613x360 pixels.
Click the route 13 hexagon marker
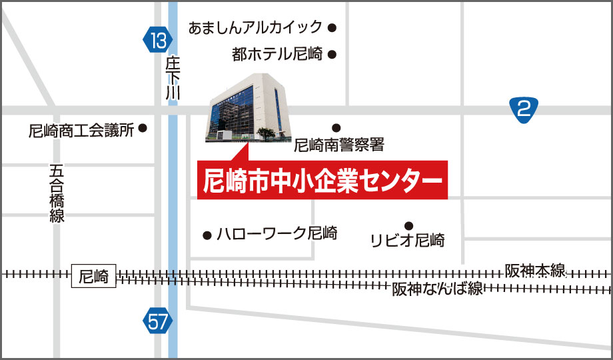pyautogui.click(x=157, y=41)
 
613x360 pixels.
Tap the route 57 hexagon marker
pyautogui.click(x=157, y=323)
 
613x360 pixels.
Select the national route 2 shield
pyautogui.click(x=524, y=109)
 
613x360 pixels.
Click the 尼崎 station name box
pyautogui.click(x=93, y=276)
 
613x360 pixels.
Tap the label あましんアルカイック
pyautogui.click(x=256, y=28)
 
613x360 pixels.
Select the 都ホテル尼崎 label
pyautogui.click(x=277, y=55)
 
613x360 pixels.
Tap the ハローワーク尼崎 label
pyautogui.click(x=277, y=234)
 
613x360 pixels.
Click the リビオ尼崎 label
pyautogui.click(x=407, y=240)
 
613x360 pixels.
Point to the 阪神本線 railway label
pyautogui.click(x=535, y=271)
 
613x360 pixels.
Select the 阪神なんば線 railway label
pyautogui.click(x=437, y=289)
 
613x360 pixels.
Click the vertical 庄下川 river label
pyautogui.click(x=173, y=79)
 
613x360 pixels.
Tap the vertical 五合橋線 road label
pyautogui.click(x=57, y=193)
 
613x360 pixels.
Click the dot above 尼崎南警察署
pyautogui.click(x=336, y=127)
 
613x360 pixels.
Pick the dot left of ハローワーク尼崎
pyautogui.click(x=207, y=234)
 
